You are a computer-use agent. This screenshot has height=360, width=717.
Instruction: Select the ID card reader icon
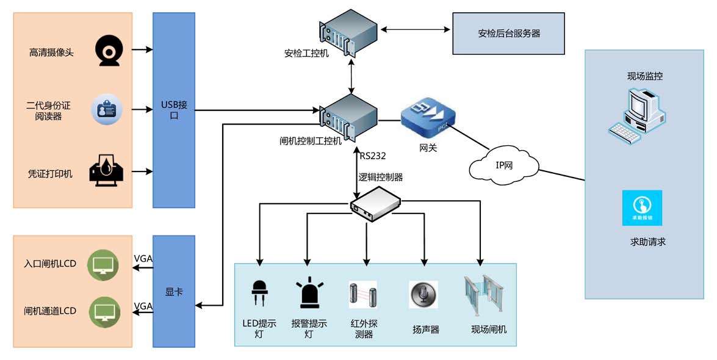[x=107, y=110]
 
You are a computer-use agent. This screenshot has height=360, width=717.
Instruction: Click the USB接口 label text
[x=174, y=110]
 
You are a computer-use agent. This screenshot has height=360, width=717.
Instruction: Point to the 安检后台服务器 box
[x=508, y=34]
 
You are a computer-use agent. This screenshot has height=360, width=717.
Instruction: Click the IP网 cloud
[x=504, y=165]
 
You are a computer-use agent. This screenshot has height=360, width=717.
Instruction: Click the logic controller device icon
[x=375, y=204]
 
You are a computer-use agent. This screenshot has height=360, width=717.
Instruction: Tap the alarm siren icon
[x=310, y=293]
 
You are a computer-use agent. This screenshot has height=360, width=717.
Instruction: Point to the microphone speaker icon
[x=423, y=295]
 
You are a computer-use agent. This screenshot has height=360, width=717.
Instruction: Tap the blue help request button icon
[x=642, y=207]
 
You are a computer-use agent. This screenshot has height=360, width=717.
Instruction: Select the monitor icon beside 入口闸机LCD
[x=103, y=264]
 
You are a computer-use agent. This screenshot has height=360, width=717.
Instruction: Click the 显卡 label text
[x=174, y=292]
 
